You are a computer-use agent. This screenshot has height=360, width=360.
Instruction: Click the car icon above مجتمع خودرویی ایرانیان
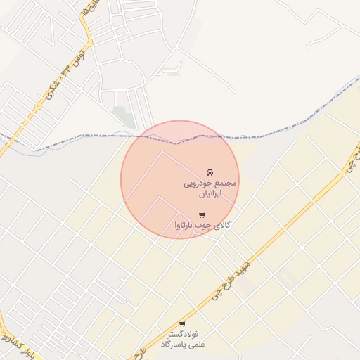pyautogui.click(x=209, y=172)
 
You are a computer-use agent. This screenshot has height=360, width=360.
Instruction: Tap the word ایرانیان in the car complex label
pyautogui.click(x=208, y=193)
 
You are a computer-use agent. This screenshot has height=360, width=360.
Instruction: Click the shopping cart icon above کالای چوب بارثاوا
pyautogui.click(x=202, y=214)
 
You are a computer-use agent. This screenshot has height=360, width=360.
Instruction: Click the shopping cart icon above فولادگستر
pyautogui.click(x=182, y=323)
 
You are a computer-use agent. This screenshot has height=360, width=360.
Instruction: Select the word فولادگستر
pyautogui.click(x=182, y=333)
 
